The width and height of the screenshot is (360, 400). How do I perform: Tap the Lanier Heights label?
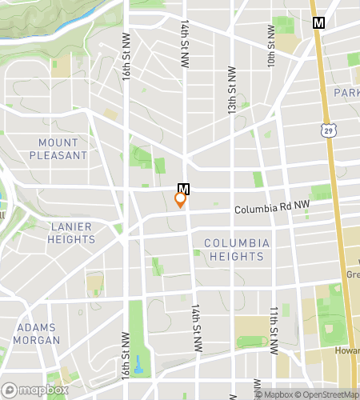pos(70,233)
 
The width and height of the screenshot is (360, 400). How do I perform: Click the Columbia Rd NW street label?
pos(272,210)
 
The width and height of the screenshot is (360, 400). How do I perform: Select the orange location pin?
pos(181,200)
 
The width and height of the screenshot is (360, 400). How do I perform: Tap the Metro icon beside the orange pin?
pos(184,189)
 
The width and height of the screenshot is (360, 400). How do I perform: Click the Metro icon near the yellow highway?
pos(319,23)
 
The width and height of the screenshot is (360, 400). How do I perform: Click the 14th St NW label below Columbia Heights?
pos(196,328)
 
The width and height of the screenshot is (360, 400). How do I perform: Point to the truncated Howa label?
pos(347,351)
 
